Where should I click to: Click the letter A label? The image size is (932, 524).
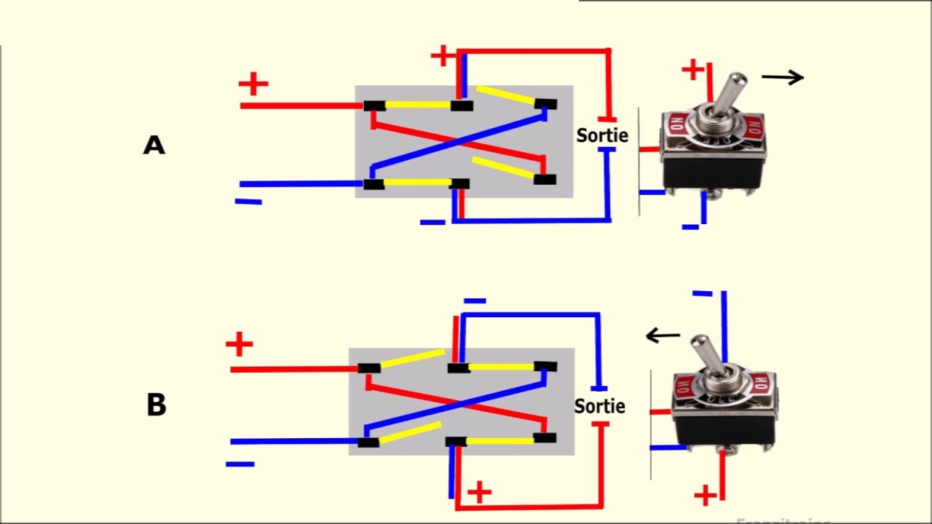[154, 146]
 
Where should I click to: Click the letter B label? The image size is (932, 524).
[156, 405]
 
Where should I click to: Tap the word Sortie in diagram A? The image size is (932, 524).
[601, 135]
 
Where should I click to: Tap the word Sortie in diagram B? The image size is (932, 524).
[599, 406]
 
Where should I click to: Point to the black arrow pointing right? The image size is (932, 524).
[783, 77]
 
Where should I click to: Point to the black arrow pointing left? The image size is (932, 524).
[663, 336]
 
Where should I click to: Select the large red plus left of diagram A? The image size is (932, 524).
[253, 84]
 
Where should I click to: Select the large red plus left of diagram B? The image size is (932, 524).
[239, 344]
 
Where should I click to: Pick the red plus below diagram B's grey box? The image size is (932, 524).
[479, 493]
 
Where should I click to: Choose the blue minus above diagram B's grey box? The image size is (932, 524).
[474, 301]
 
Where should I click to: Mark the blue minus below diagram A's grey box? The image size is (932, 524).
[433, 221]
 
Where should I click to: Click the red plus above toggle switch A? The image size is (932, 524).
[692, 70]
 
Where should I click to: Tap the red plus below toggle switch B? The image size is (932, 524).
[704, 496]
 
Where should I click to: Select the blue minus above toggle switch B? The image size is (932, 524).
[702, 293]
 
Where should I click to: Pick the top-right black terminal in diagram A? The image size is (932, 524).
[545, 104]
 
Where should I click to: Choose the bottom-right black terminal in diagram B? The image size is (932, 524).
[544, 438]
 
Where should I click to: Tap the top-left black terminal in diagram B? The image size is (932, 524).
[369, 368]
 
